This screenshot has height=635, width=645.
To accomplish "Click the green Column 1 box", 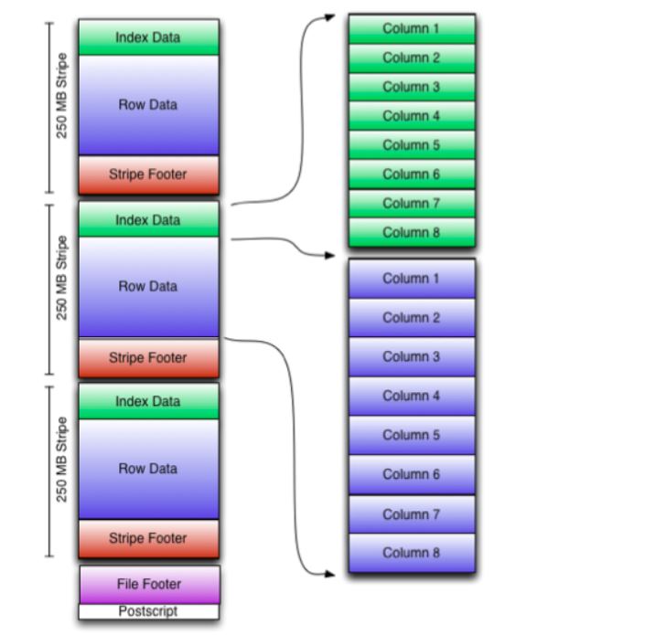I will coord(411,28).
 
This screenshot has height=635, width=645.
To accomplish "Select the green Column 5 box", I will coord(411,144).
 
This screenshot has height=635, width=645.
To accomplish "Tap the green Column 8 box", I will coord(411,232).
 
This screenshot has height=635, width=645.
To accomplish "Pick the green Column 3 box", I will coord(411,87).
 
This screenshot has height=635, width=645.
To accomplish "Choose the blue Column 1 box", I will coord(411,279).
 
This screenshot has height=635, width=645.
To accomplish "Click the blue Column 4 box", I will coord(411,396).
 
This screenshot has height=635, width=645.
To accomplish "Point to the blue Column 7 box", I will coord(411,514).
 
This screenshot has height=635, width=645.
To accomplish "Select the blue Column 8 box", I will coord(411,553).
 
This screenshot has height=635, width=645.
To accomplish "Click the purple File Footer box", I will coord(149,584).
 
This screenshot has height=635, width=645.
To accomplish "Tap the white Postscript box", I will coord(149,611).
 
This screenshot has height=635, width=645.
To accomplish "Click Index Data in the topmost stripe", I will coord(148,37).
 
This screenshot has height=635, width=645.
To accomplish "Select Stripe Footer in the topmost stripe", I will coord(148,174).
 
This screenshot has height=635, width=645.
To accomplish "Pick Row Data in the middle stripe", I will coord(148,286).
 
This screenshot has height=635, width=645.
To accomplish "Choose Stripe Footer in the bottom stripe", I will coord(148,538).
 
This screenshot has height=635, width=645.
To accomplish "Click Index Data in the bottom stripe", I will coord(148,401).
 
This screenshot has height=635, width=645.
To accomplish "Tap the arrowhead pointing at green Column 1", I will coord(329,17).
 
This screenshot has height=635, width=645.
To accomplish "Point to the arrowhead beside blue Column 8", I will coord(331,574).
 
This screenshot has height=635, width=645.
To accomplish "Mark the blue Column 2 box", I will coord(411,318).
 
